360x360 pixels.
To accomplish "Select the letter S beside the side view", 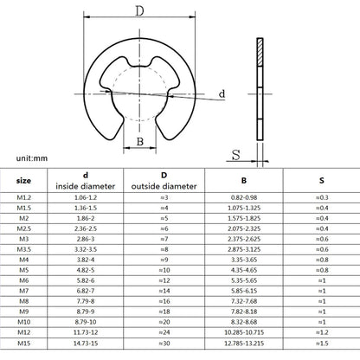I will pos(234,156).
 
